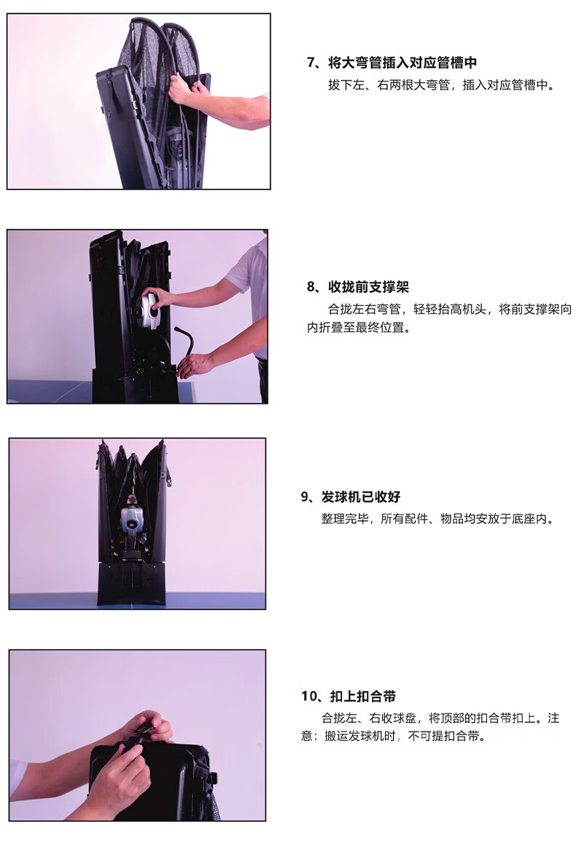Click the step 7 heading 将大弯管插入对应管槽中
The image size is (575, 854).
402,63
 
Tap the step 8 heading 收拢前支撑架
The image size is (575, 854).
368,287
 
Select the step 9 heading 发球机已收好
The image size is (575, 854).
361,497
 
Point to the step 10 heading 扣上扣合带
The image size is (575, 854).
363,696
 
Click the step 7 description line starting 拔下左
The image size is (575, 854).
441,85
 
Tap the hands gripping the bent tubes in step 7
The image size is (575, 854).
184,88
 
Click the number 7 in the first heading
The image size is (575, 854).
311,63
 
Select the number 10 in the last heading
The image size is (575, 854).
309,696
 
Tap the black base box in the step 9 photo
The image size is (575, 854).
131,584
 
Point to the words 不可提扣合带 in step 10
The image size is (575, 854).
443,737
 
